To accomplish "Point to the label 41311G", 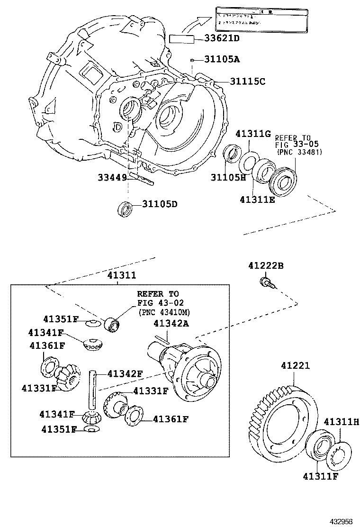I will click(x=253, y=134).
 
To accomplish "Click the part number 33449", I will click(x=112, y=177).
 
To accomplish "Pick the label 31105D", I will click(x=160, y=204).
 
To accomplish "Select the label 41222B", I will click(x=265, y=266).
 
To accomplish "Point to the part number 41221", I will click(x=295, y=366).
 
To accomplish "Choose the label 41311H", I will click(x=341, y=421).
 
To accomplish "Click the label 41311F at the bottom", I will click(x=321, y=476).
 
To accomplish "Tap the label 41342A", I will click(x=171, y=323).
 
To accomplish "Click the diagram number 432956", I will click(x=342, y=520).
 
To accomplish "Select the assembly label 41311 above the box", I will click(x=121, y=275).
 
